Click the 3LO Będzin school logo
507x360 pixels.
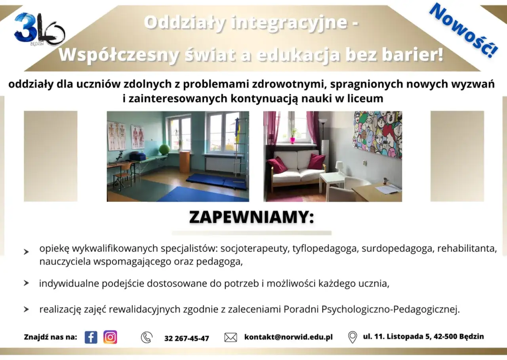tap(38, 30)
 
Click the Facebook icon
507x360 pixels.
tap(91, 337)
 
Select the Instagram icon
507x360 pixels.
tap(110, 337)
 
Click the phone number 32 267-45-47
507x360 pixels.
tap(187, 338)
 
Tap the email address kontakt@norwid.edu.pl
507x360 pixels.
tap(288, 337)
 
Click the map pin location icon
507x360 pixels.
tap(352, 337)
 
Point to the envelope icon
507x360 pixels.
tap(231, 337)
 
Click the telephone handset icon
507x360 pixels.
tap(147, 337)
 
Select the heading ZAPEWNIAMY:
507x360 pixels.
tap(252, 217)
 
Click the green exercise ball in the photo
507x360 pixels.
tap(164, 149)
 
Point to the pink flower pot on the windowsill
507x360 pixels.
tap(293, 140)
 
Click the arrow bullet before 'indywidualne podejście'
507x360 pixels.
tap(26, 283)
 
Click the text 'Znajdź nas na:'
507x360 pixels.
tap(50, 337)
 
